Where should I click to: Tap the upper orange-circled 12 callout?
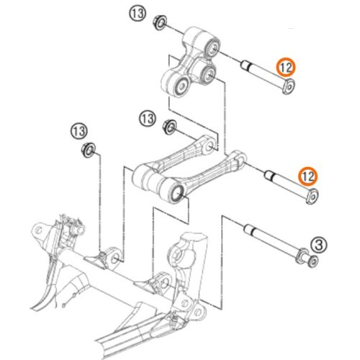point(286,68)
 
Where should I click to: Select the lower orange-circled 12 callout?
point(308,175)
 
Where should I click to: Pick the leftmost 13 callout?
point(80,130)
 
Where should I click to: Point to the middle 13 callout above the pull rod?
point(148,117)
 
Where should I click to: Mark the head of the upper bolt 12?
point(289,88)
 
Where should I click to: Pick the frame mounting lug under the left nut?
point(111,256)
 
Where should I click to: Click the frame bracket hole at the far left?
point(35,232)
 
